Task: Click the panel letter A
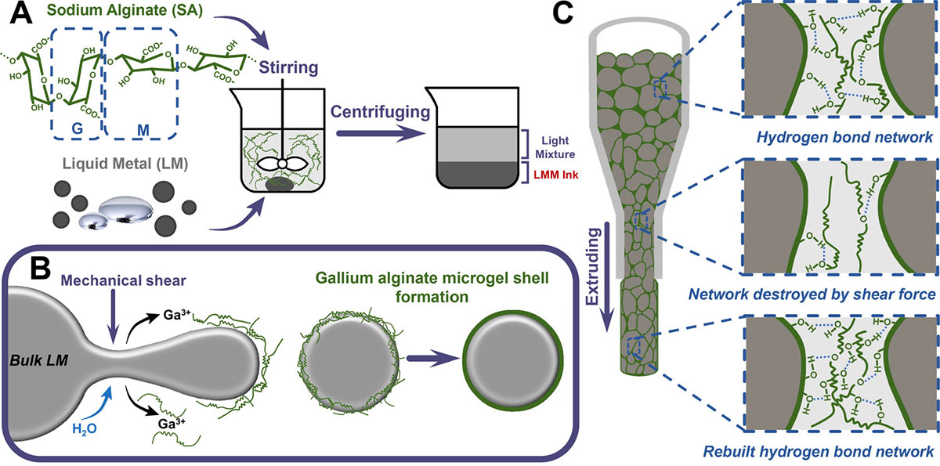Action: [x=16, y=17]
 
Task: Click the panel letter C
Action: [x=570, y=17]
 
